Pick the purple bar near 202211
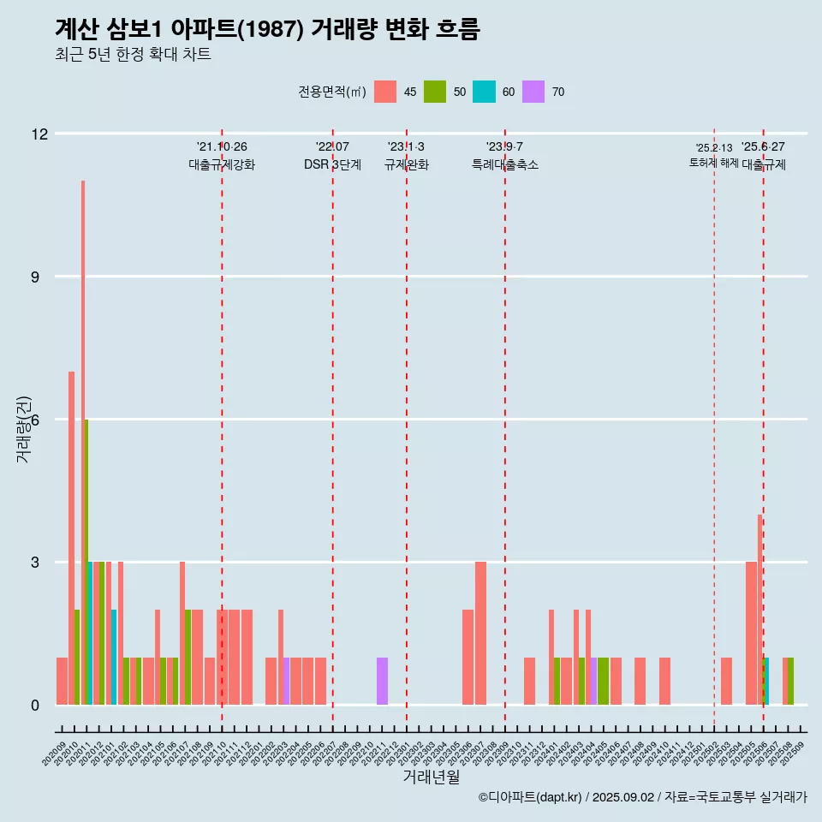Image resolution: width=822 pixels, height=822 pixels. [382, 682]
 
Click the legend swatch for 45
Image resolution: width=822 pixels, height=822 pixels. [385, 92]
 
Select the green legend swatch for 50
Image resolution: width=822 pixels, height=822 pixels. [435, 92]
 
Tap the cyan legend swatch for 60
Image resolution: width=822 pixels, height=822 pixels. [484, 92]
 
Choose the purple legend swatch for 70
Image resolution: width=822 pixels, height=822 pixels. [533, 92]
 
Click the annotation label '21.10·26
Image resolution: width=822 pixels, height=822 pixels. [222, 147]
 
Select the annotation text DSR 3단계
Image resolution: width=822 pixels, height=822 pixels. [332, 164]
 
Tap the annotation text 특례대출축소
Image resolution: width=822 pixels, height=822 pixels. [505, 164]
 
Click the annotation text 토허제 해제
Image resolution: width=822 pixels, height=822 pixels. [713, 163]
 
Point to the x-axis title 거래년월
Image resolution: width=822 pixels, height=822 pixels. [431, 777]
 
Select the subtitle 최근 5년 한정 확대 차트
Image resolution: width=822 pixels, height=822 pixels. [133, 55]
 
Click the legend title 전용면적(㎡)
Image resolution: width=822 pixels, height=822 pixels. [332, 92]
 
